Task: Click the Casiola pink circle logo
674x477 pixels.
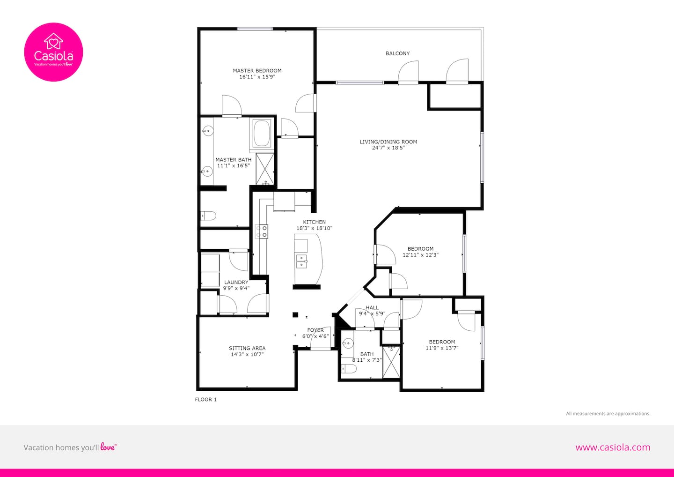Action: [53, 52]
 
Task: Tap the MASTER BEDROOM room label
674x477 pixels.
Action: [257, 70]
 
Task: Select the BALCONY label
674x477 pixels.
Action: [397, 53]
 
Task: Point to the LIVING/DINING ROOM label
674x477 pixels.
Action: [388, 142]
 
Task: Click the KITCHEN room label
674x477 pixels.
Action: [314, 222]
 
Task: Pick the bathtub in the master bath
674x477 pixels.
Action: [262, 134]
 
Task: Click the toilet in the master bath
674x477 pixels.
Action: [208, 216]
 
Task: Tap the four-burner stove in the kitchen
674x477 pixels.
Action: [262, 231]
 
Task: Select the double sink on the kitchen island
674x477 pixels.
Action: [301, 261]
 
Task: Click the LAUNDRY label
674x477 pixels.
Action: [236, 282]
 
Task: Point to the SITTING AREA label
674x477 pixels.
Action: [247, 348]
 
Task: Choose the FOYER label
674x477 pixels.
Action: [315, 330]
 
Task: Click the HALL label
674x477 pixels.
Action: [372, 307]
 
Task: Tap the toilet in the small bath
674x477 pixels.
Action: [349, 368]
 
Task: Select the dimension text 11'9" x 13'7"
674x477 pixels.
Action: [442, 348]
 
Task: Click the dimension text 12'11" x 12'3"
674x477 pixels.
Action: [420, 255]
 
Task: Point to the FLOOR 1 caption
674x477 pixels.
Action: [206, 399]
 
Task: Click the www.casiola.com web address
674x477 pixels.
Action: [613, 447]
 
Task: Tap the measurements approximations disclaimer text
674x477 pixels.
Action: [608, 413]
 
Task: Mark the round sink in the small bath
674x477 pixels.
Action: [348, 343]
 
